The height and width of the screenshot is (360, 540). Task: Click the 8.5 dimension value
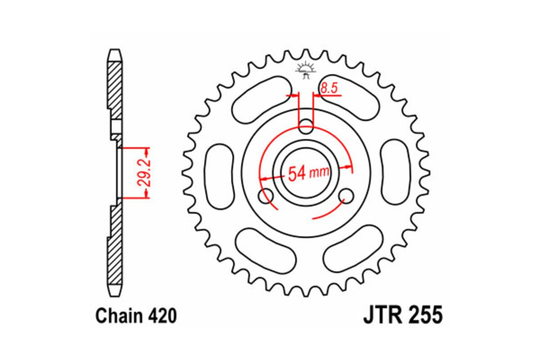[x=329, y=89]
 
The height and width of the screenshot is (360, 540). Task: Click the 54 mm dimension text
[x=308, y=173]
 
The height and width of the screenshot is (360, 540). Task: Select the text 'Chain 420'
[x=136, y=316]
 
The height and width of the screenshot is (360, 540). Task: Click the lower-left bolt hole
[x=265, y=196]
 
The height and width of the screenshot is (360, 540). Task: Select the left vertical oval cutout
[x=219, y=176]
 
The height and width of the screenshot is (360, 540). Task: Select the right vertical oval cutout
[x=396, y=173]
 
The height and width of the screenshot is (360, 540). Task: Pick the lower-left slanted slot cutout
[x=266, y=250]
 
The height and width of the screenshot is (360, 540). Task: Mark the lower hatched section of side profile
[x=115, y=243]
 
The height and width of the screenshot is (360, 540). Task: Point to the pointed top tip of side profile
[x=115, y=50]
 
